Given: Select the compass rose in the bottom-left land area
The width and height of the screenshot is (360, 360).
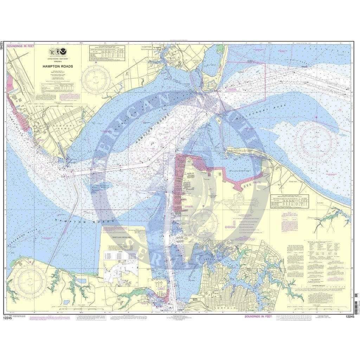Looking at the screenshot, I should click(31, 280).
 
